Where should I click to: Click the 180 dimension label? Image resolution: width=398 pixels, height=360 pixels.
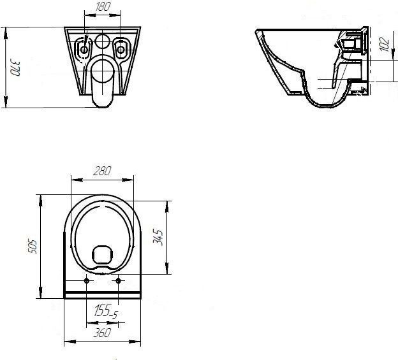[x=103, y=6]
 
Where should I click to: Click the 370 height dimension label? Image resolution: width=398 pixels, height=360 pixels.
[x=15, y=68]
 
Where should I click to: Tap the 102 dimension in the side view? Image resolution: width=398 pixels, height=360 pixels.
[x=385, y=44]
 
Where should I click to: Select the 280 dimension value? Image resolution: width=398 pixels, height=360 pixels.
[x=102, y=171]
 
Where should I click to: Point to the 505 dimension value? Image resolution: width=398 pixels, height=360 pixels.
[x=33, y=246]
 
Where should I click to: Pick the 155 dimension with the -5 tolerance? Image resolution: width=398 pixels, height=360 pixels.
[x=106, y=311]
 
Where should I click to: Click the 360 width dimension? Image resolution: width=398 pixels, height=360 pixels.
[x=102, y=333]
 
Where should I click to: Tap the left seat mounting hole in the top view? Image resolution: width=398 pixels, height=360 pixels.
[x=87, y=280]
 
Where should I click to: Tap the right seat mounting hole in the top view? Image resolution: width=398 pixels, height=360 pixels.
[x=118, y=280]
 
